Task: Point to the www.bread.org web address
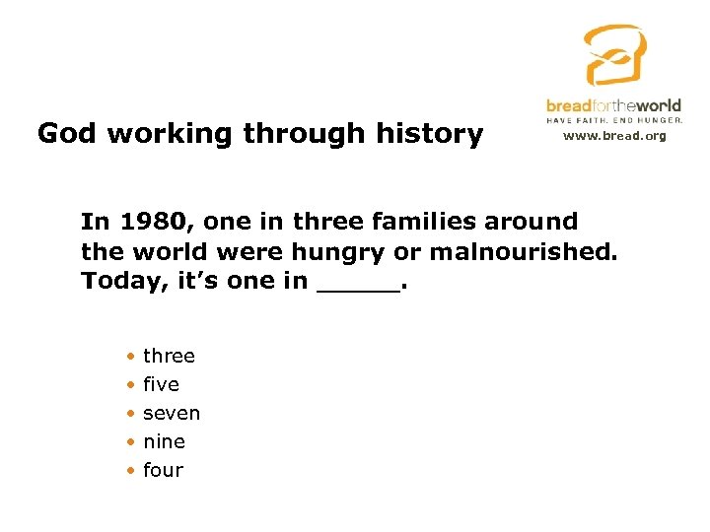coord(614,135)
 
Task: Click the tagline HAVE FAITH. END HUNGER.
coord(614,119)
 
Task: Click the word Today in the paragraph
coord(114,281)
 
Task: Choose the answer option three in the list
coord(169,356)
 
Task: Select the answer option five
coord(161,384)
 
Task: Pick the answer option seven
coord(172,413)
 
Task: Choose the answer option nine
coord(164,441)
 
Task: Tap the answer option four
coord(163,470)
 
